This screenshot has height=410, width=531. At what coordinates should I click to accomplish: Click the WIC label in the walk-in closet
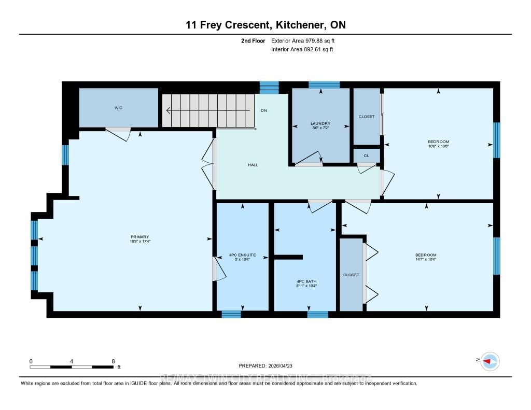pos(118,108)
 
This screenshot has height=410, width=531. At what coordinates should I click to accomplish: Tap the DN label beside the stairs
pos(263,110)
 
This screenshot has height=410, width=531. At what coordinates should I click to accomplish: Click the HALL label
pos(253,165)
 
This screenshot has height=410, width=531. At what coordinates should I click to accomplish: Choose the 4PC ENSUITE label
pos(242,255)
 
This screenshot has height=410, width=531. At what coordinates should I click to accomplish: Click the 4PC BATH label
pos(305,281)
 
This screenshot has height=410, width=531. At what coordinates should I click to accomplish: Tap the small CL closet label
pos(367,155)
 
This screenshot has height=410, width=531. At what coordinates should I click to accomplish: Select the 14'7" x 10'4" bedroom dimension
pos(425,260)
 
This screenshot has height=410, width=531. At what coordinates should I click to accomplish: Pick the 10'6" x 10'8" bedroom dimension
pos(438,146)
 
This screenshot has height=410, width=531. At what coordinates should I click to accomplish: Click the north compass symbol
pos(490,361)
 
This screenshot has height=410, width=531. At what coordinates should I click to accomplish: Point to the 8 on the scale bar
pos(113,361)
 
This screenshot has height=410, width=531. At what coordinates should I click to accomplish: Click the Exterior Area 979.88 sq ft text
pos(306,40)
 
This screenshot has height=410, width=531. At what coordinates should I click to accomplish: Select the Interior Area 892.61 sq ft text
pos(302,50)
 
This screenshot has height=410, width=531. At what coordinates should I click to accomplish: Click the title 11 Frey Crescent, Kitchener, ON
pos(265,24)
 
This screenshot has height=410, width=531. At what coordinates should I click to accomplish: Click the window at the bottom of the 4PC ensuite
pos(231,314)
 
